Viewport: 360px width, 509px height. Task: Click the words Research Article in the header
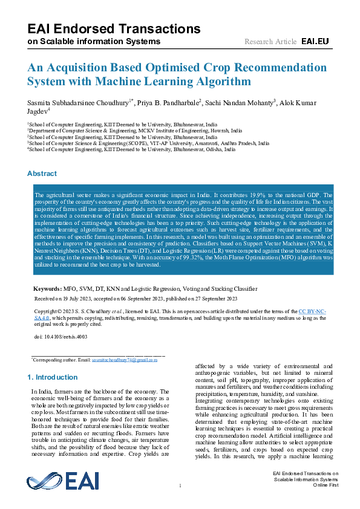pos(270,42)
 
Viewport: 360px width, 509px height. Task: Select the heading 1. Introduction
pos(53,377)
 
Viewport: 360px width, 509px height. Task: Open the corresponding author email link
pos(125,360)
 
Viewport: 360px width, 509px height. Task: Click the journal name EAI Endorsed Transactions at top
pos(114,28)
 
